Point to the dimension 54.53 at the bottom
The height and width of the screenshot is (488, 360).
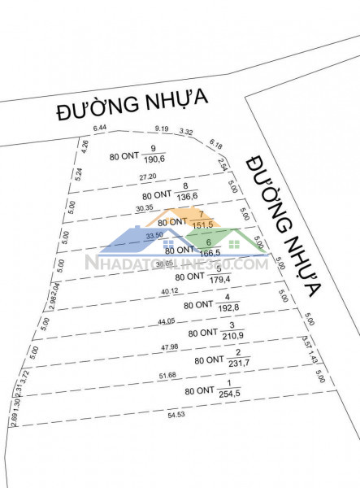click(176, 416)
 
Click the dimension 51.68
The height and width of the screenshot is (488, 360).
click(168, 375)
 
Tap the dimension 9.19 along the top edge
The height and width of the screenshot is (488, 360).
click(163, 128)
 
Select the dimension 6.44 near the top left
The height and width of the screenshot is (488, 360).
click(101, 129)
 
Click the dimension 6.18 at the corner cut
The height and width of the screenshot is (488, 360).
click(215, 144)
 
